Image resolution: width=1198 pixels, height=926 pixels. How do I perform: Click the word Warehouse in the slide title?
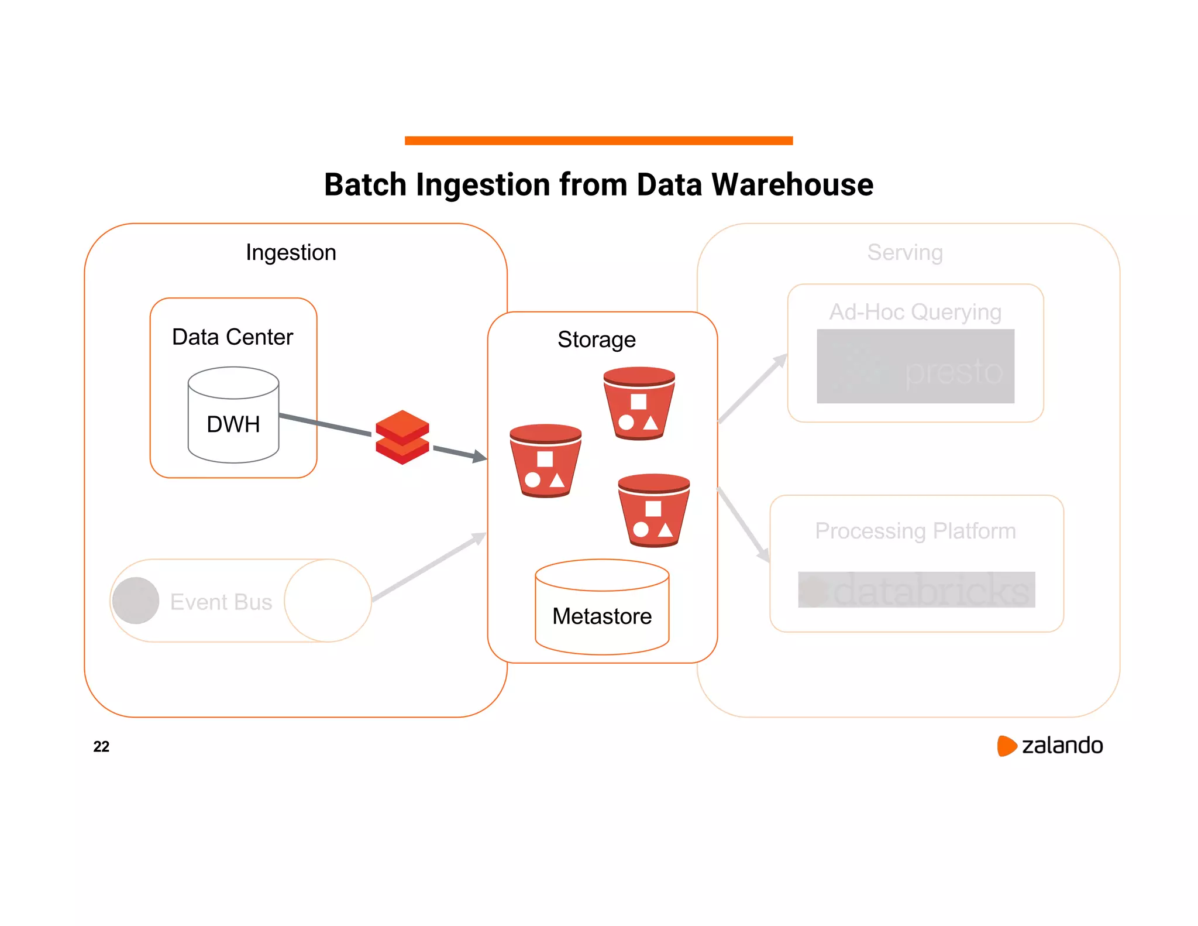(792, 185)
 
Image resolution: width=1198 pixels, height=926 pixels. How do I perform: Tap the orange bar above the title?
(598, 140)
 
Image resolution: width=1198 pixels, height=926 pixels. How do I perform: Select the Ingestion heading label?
(291, 253)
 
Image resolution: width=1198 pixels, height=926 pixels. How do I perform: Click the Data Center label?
(232, 337)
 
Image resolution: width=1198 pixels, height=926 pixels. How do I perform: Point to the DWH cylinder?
(233, 416)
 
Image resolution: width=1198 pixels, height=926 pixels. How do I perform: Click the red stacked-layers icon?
(402, 437)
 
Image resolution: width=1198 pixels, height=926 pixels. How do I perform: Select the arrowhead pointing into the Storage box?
(480, 457)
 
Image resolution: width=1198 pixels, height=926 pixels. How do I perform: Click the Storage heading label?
(596, 339)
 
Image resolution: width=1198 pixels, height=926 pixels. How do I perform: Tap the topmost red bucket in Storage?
(639, 403)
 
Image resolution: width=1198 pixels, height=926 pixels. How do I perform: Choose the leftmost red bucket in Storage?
(545, 461)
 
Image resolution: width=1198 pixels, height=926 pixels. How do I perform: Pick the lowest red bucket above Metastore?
(653, 510)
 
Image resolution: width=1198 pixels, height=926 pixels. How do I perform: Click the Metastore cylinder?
(602, 609)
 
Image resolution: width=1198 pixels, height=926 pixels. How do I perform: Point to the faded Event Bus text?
(221, 602)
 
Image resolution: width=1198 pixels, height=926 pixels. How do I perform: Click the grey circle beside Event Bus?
(136, 601)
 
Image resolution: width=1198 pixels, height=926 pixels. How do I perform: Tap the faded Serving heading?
(905, 253)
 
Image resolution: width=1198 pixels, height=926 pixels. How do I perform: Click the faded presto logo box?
(915, 366)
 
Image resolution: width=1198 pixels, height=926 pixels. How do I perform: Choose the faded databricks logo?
(916, 590)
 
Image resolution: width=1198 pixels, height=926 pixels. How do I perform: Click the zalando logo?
(1050, 746)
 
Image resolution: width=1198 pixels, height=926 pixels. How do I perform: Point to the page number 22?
(101, 746)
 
